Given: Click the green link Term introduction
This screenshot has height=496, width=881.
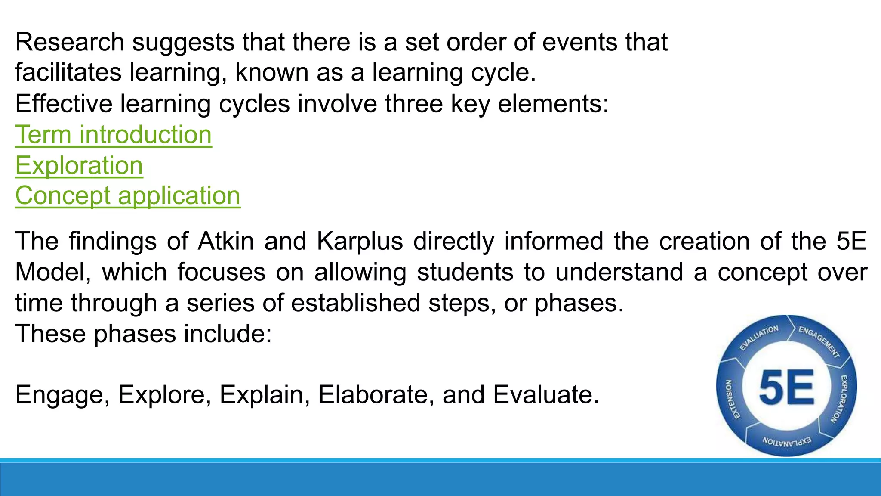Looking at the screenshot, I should click(113, 135).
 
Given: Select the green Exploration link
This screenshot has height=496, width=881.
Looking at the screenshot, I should click(79, 166).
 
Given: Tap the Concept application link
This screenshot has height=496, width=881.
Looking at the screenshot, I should click(128, 196).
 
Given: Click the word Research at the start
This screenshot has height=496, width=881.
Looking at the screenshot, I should click(70, 42).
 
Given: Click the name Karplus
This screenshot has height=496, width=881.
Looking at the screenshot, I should click(360, 241).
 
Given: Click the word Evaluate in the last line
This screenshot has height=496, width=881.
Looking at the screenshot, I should click(545, 395).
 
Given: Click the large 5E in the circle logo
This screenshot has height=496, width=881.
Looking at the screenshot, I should click(786, 387).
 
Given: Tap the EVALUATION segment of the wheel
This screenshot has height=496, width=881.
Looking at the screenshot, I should click(759, 338).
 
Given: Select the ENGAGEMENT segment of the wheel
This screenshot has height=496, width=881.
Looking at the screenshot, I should click(819, 341).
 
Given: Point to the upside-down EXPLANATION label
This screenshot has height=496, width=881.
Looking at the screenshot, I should click(787, 441).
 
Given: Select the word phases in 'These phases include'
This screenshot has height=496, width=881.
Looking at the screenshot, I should click(135, 334).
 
